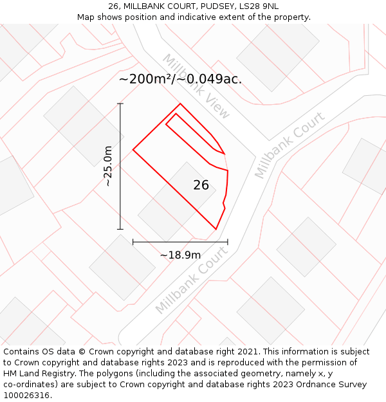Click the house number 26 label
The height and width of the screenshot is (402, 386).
pyautogui.click(x=201, y=185)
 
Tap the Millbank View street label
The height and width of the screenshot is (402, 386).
pyautogui.click(x=196, y=86)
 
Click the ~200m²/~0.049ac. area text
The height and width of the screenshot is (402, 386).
pyautogui.click(x=180, y=79)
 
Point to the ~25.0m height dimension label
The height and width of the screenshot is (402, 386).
pyautogui.click(x=108, y=166)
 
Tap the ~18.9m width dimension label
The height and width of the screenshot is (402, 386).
pyautogui.click(x=180, y=255)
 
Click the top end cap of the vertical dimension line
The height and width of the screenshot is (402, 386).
pyautogui.click(x=120, y=103)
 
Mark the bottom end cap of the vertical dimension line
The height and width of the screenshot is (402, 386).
pyautogui.click(x=120, y=229)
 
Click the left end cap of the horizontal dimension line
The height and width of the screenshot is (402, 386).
pyautogui.click(x=133, y=242)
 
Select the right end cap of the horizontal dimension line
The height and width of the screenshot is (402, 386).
pyautogui.click(x=228, y=242)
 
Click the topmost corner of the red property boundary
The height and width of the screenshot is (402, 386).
pyautogui.click(x=180, y=104)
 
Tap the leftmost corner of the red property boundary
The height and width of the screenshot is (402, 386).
pyautogui.click(x=133, y=150)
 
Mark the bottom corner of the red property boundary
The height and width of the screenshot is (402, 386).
pyautogui.click(x=216, y=229)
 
